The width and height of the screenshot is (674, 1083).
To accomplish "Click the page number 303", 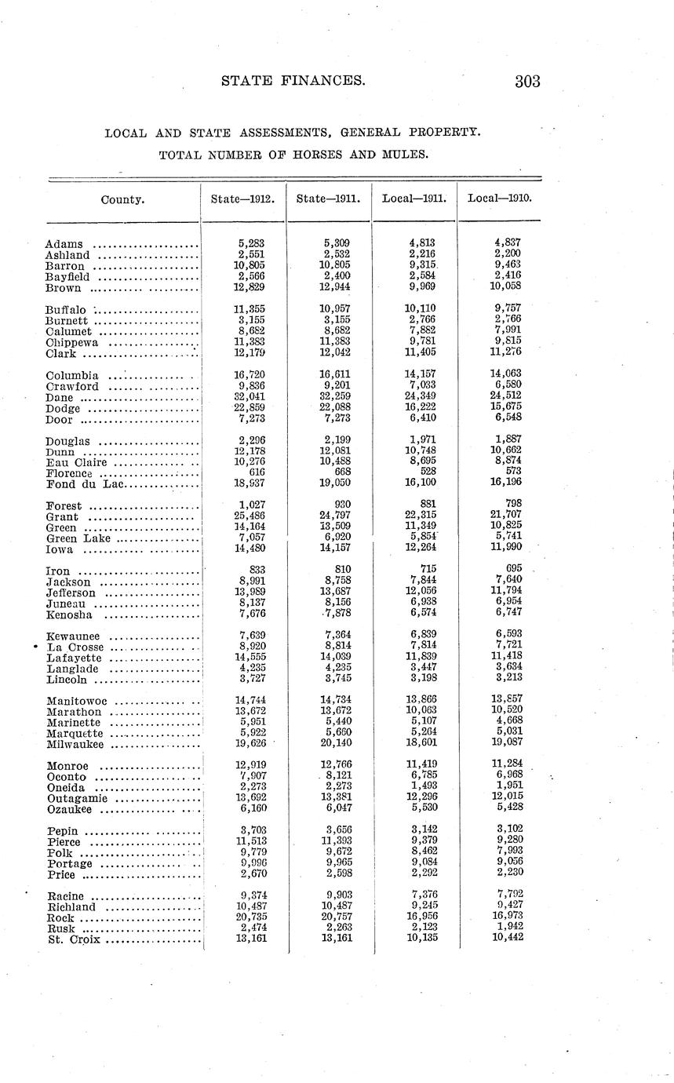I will tap(527, 81).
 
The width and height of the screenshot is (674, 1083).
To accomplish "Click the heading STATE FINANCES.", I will tap(293, 80).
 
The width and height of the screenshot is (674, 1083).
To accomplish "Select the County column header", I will tap(122, 199).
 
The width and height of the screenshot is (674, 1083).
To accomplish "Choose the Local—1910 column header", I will tap(500, 199).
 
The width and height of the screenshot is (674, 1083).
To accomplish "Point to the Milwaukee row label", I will tap(75, 744).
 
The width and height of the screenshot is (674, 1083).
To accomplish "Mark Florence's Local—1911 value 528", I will tap(424, 471).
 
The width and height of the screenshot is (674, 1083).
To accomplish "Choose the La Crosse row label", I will tap(75, 647).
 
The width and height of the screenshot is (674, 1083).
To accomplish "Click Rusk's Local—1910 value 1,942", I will tap(508, 926).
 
